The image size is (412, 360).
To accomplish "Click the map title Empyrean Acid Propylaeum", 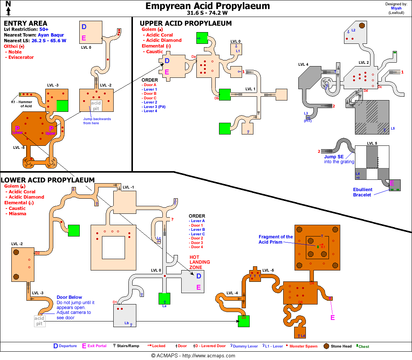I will click(207, 6).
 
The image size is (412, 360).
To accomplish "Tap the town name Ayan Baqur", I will click(51, 35).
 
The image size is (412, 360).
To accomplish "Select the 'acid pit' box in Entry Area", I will click(96, 105).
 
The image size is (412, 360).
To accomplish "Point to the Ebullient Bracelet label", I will click(363, 192).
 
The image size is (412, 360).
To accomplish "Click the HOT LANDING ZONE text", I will click(200, 262).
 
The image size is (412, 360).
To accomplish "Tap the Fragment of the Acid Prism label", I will click(276, 239).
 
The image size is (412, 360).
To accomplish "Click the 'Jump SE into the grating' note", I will click(339, 159).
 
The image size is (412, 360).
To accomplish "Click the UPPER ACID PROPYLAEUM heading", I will click(186, 23).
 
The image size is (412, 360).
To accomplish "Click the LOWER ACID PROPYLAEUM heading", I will click(48, 180).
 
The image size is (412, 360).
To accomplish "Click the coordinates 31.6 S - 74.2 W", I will click(207, 12).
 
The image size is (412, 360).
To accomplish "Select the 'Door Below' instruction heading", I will click(69, 297).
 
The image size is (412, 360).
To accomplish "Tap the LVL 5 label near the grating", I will click(372, 143).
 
